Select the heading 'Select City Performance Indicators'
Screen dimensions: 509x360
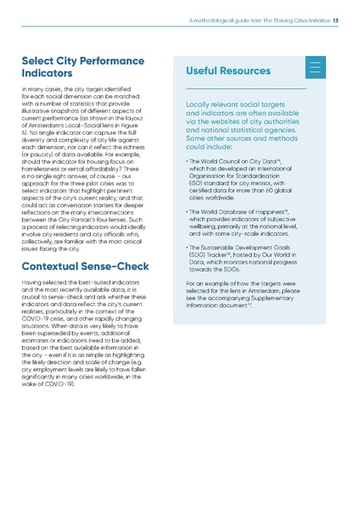[x=82, y=68]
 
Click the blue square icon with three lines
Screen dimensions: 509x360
[x=315, y=69]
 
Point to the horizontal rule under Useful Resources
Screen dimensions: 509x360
[x=245, y=88]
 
